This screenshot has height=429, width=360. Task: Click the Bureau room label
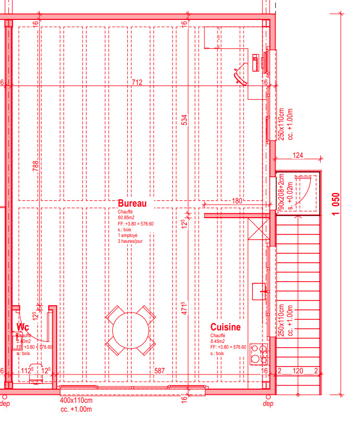[132, 203]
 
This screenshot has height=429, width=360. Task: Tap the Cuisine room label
[225, 327]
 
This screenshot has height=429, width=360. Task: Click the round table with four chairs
[130, 330]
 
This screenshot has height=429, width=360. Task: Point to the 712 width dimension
[137, 82]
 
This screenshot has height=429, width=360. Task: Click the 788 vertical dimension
[36, 166]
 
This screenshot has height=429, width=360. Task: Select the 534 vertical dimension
[184, 120]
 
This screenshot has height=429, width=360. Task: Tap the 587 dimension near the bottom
[159, 371]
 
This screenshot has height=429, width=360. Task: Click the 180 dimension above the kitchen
[237, 200]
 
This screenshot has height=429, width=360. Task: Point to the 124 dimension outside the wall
[298, 155]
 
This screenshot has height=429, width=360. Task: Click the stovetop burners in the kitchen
[258, 354]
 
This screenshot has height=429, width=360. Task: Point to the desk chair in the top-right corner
[242, 73]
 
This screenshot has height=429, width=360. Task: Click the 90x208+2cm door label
[281, 193]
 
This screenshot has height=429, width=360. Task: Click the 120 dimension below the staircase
[297, 371]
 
